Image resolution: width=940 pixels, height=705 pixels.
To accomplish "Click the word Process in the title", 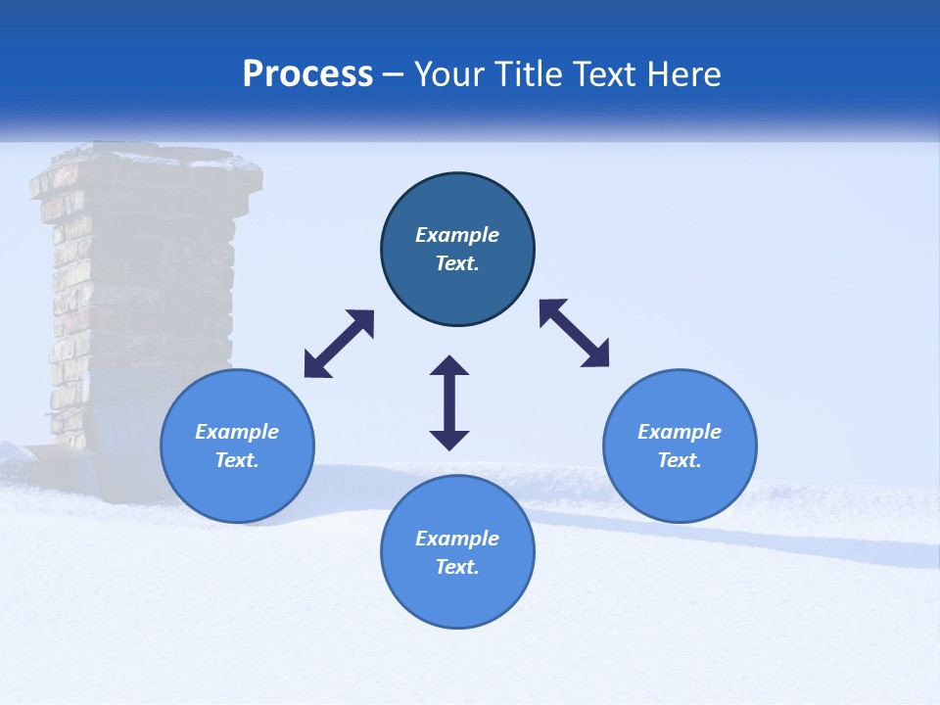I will coord(307,74).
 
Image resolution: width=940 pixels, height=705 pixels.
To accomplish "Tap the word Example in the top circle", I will coord(457,235).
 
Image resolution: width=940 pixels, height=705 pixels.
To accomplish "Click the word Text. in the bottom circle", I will coord(457,567).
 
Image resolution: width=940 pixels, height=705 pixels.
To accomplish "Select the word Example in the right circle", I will coord(680,432).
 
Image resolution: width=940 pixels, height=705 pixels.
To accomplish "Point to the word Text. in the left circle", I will coord(237,460).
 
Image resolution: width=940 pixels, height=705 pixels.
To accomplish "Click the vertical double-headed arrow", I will coord(449,402).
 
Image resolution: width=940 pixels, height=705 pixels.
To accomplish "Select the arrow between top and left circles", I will coord(339,344).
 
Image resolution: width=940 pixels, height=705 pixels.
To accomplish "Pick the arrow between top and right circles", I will coord(575,333).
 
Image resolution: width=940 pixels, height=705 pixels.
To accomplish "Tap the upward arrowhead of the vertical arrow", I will coord(449,366).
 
